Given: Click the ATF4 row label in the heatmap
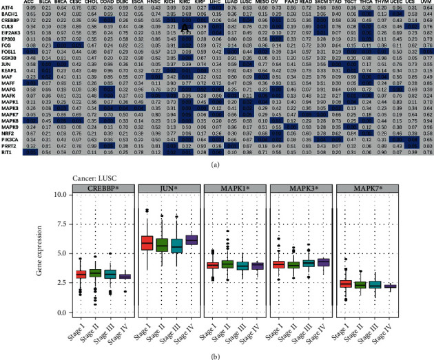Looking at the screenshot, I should (10, 8).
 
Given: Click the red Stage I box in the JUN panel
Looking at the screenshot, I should (146, 243).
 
